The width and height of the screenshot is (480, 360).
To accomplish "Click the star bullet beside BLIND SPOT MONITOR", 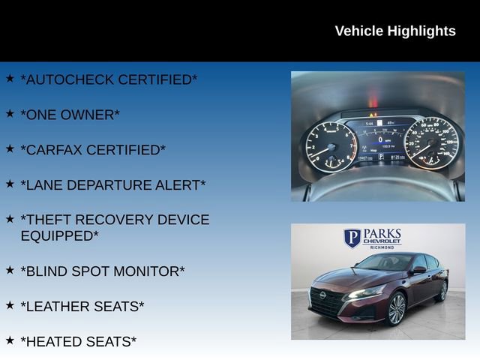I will click(10, 270).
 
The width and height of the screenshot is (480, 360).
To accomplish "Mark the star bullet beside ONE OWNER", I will click(10, 114).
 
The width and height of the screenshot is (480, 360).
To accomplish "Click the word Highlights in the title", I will click(421, 31).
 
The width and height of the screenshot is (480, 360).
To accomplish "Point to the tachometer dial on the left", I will click(331, 142).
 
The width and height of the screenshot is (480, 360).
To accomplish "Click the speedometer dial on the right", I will click(430, 140).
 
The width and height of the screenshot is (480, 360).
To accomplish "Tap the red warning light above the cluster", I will click(373, 100).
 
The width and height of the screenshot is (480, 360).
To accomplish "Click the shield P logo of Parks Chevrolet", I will click(352, 238).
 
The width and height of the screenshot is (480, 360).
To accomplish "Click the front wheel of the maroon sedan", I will click(396, 307).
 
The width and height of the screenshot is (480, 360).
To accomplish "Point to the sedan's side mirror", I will click(418, 269).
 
